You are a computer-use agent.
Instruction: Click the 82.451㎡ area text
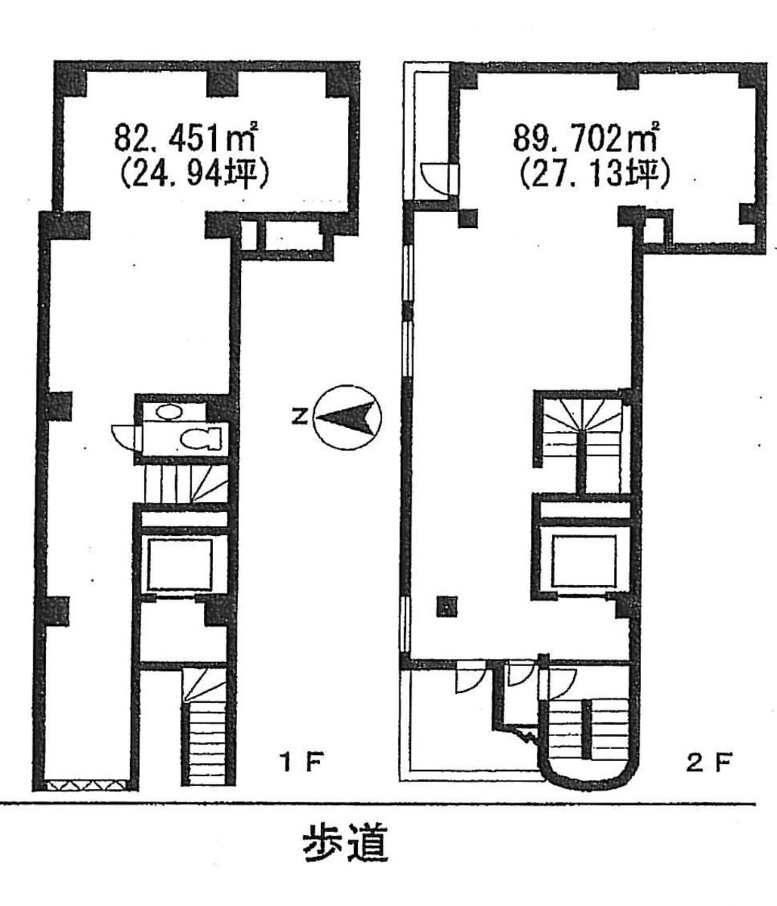pos(186,137)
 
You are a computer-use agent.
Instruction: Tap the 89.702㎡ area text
pos(586,137)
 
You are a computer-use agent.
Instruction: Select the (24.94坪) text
pos(194,176)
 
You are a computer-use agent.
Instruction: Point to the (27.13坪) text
pos(594,175)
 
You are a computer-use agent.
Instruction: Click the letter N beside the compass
pos(300,418)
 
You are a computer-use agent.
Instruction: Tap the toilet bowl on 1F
pos(202,438)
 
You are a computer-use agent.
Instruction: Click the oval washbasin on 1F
pos(168,411)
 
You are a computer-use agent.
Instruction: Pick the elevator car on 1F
pos(180,565)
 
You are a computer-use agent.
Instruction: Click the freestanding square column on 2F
pos(447,606)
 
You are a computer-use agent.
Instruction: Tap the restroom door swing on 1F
pos(124,437)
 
